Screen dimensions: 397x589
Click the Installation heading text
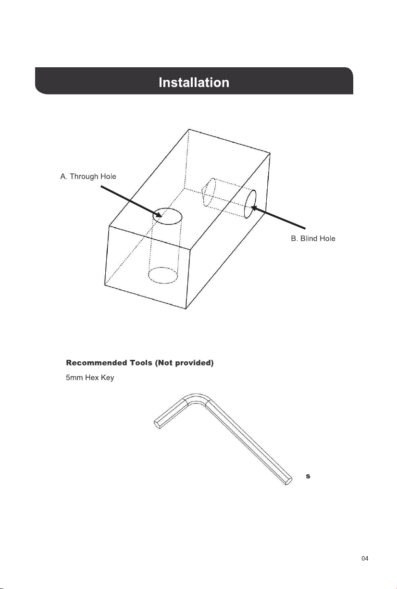coord(194,83)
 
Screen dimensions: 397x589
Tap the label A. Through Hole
coord(88,176)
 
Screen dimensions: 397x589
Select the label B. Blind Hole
coord(313,238)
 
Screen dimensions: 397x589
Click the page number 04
coord(365,559)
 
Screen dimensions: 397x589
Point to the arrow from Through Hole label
coord(131,201)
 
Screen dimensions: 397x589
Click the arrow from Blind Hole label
coord(278,218)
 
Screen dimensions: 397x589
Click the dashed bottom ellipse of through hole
coord(163,268)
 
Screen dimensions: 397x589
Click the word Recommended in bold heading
coord(96,363)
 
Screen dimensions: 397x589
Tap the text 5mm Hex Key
coord(90,378)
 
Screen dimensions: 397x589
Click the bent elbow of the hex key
coord(197,396)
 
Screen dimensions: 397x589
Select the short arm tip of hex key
coord(157,424)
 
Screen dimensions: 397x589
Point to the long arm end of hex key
coord(288,481)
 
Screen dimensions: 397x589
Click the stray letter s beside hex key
coord(308,476)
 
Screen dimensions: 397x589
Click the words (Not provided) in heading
coord(184,363)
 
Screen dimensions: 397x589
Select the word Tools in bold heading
coord(141,363)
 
